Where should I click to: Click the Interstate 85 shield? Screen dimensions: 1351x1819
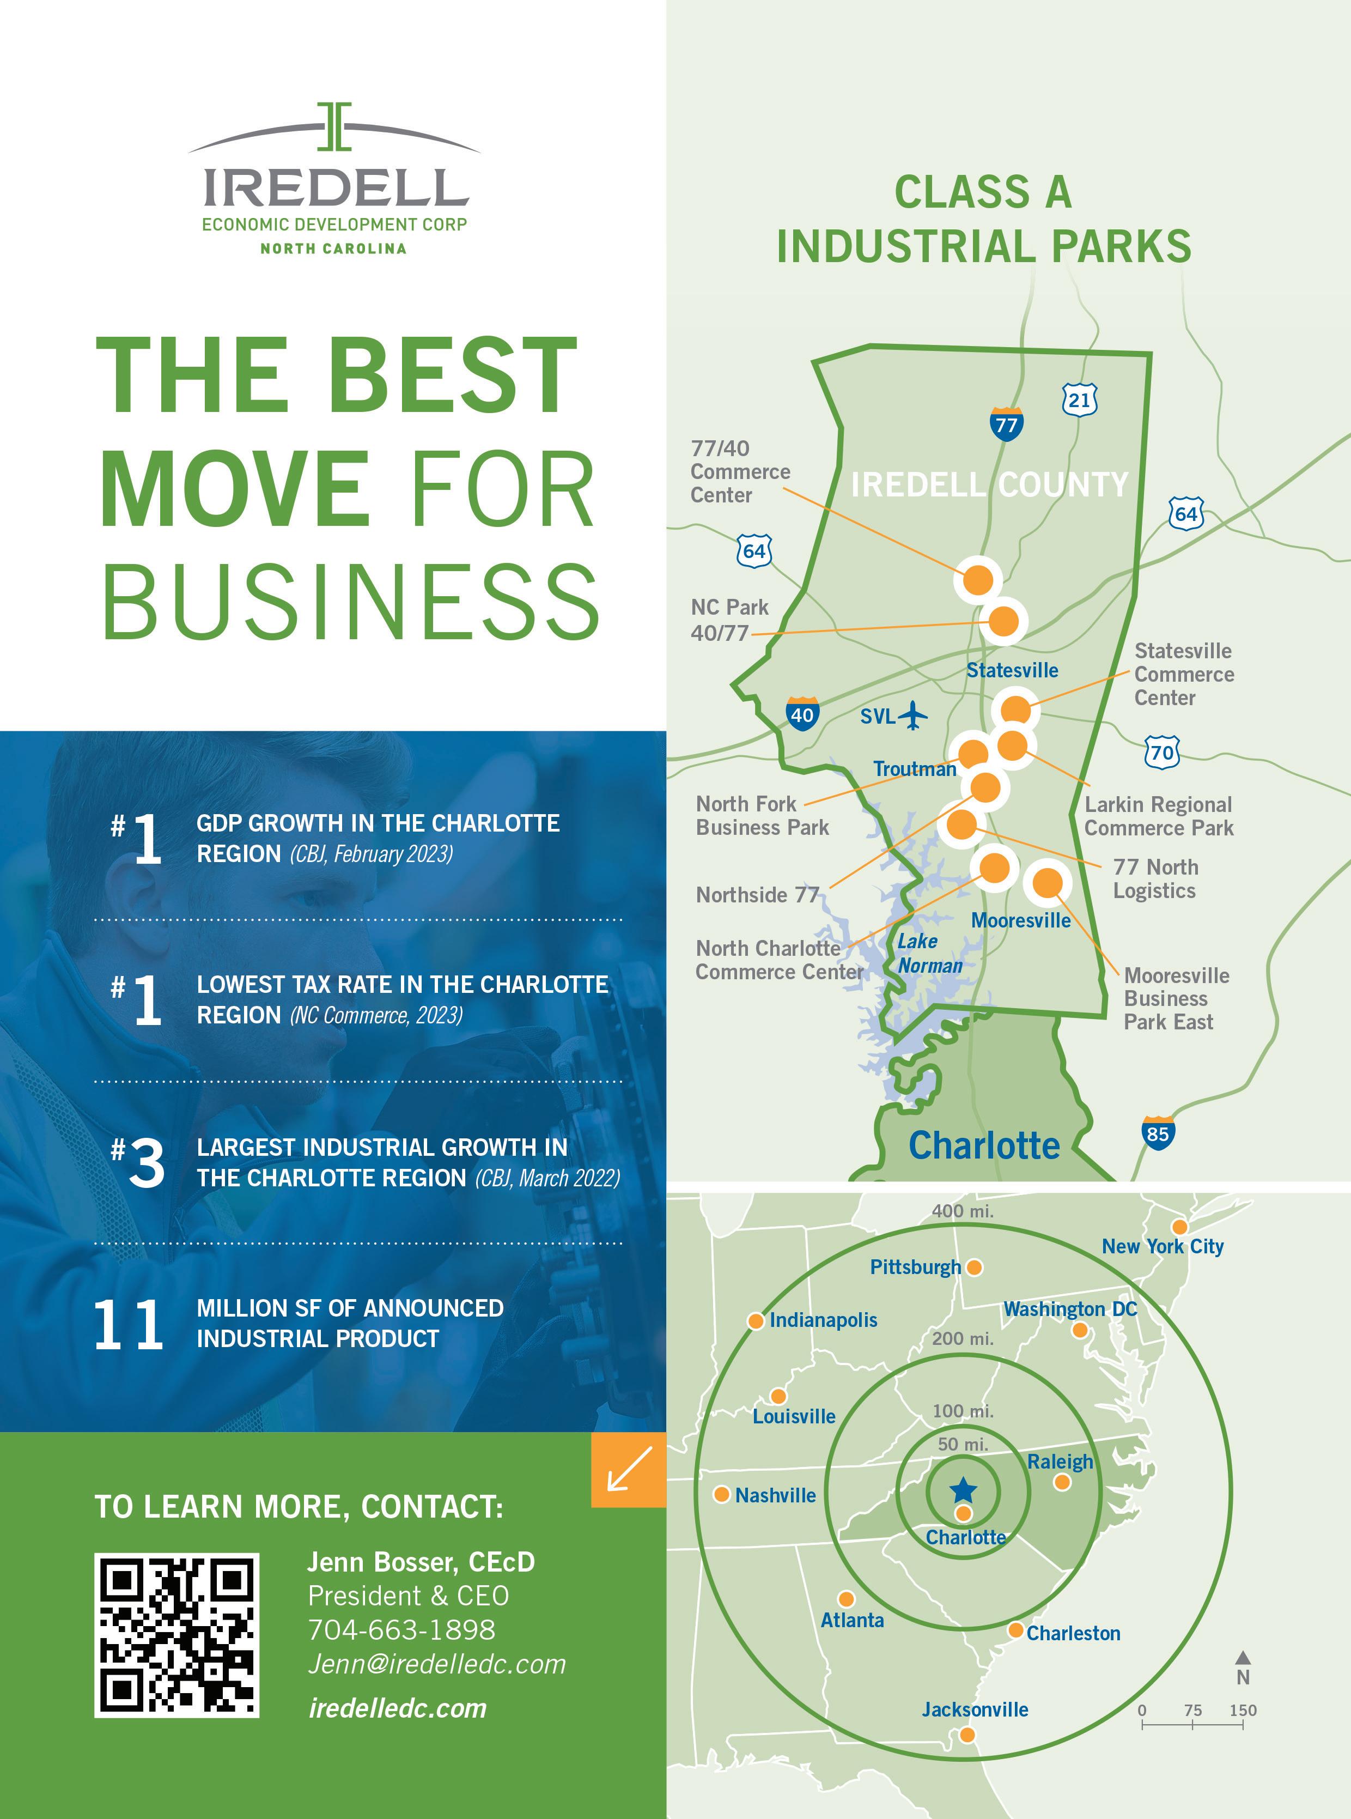(x=1157, y=1133)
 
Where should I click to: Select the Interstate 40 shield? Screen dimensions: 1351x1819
(x=801, y=714)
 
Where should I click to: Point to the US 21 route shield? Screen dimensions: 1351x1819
(x=1080, y=399)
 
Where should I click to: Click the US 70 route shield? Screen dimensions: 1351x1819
(x=1162, y=751)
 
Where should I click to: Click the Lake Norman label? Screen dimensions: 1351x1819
(x=928, y=954)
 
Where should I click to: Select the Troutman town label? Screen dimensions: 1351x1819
(x=914, y=769)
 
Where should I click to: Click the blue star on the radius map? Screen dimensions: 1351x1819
(x=963, y=1489)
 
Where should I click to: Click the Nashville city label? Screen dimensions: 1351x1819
(x=775, y=1495)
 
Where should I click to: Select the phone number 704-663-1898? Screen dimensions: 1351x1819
(x=401, y=1629)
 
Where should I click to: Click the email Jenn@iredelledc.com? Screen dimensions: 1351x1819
(x=437, y=1664)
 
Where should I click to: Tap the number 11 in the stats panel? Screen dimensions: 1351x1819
(x=129, y=1325)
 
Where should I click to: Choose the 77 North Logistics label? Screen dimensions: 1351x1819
(x=1155, y=878)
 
